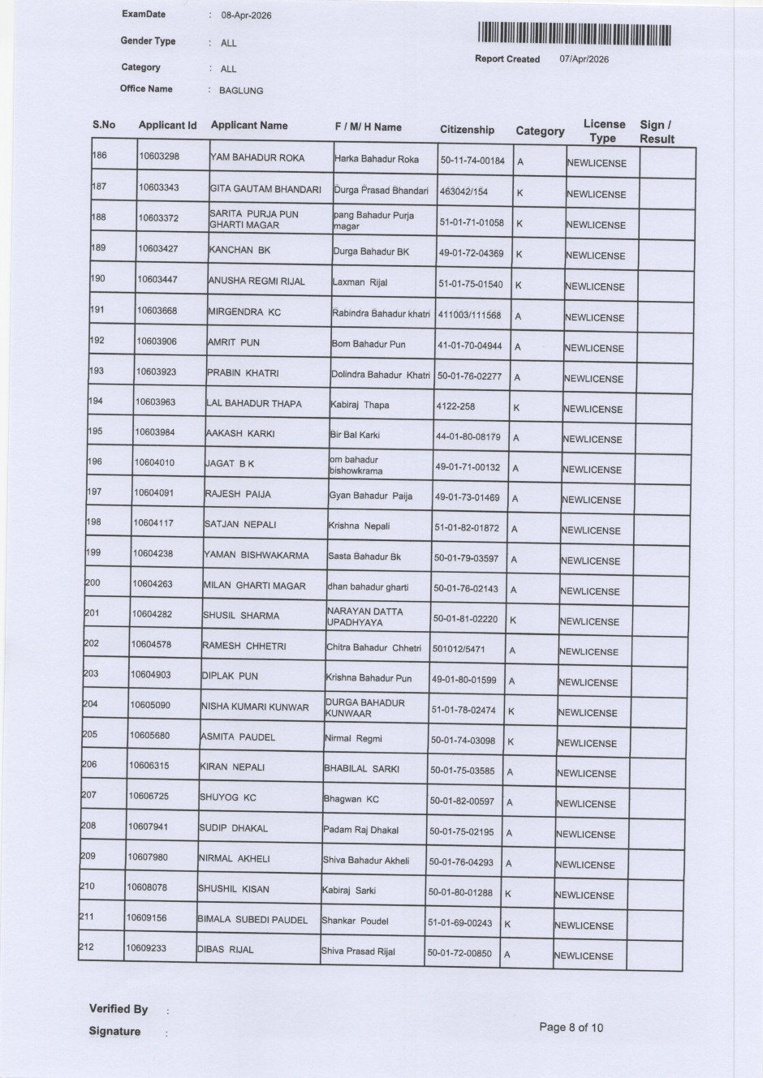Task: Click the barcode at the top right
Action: coord(575,34)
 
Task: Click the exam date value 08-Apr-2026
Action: coord(246,15)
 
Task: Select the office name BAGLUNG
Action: coord(241,91)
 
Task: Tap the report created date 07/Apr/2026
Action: coord(584,59)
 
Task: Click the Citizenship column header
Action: coord(467,130)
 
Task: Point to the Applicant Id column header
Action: coord(167,125)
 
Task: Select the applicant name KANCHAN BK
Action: coord(239,251)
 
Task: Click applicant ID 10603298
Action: coord(159,156)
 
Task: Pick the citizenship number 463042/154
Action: coord(463,191)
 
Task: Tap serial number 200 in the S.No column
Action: coord(93,582)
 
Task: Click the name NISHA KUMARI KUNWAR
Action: coord(255,706)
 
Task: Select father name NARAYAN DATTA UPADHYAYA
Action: coord(364,616)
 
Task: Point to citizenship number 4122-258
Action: coord(455,406)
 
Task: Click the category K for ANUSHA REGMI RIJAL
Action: coord(518,285)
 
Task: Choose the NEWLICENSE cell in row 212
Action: coord(584,956)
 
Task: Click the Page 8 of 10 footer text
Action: coord(571,1027)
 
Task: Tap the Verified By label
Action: coord(119,1009)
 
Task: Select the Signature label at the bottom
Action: coord(114,1032)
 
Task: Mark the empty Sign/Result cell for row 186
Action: coord(666,162)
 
